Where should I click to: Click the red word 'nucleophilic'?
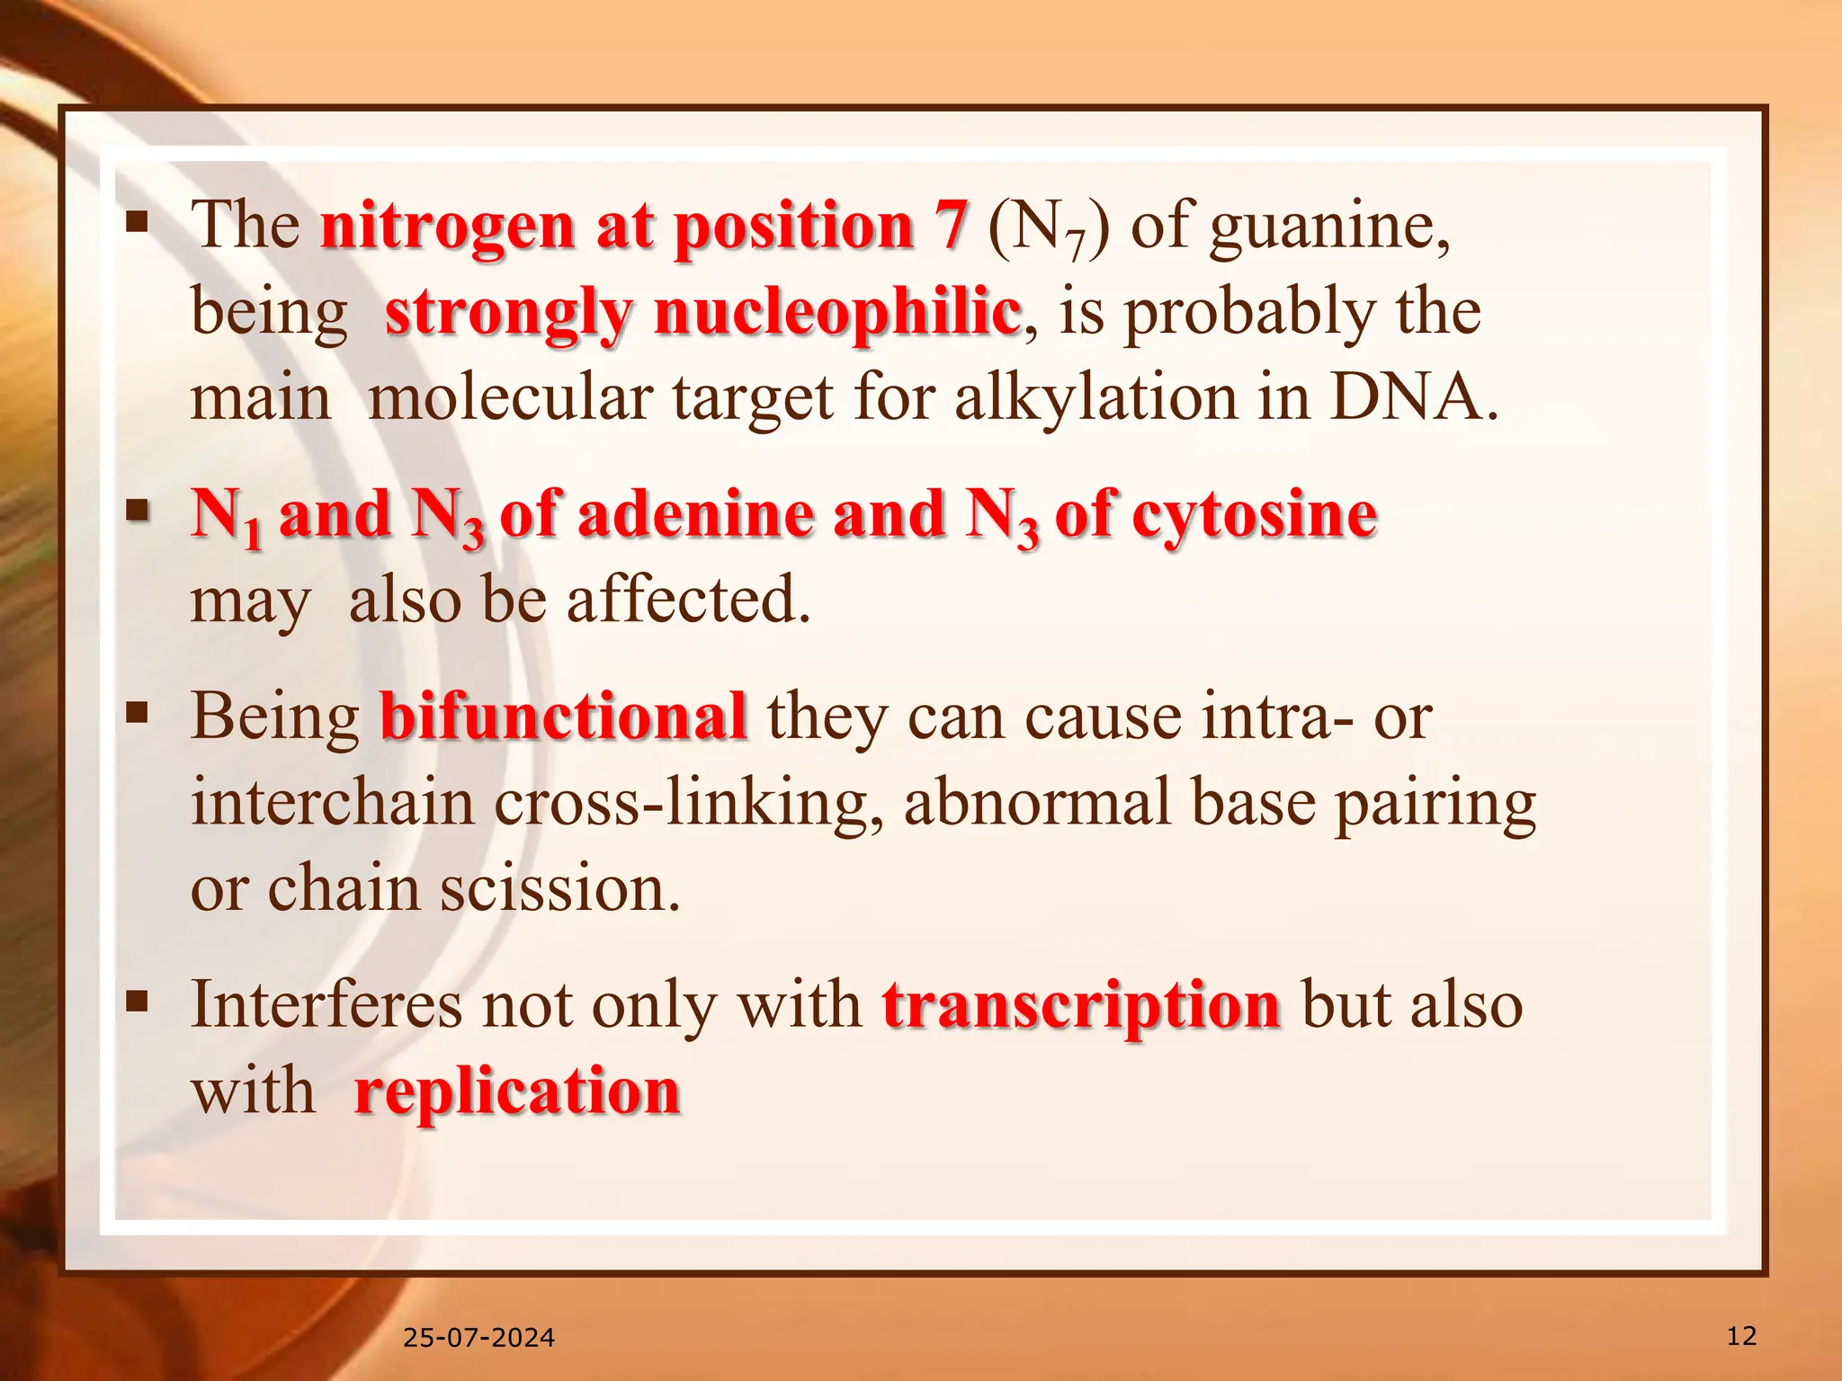coord(837,312)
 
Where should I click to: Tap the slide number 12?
coord(1741,1336)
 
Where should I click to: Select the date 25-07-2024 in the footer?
coord(478,1338)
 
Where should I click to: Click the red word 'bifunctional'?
coord(563,717)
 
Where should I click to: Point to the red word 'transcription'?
coord(1081,1005)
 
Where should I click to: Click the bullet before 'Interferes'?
coord(137,1000)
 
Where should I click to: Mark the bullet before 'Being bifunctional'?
coord(137,712)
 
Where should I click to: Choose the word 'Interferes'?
coord(326,1005)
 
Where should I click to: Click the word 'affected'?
coord(688,600)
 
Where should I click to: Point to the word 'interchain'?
coord(332,803)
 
